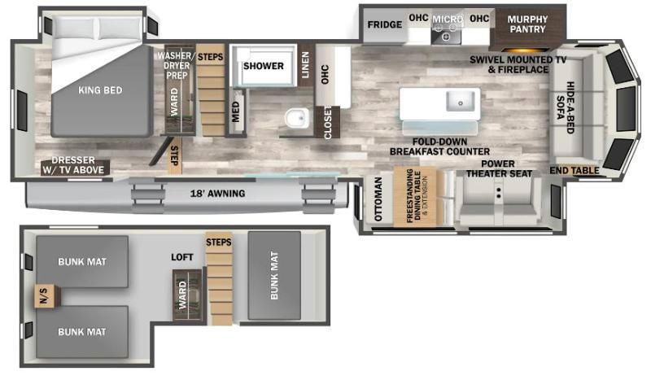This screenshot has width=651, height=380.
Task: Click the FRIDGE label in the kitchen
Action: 384,24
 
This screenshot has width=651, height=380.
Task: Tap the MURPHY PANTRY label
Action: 527,24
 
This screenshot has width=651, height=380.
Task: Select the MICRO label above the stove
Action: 448,19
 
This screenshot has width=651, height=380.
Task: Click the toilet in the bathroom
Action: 297,118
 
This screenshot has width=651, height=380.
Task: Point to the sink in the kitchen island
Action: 461,102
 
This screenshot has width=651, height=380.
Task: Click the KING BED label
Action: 100,90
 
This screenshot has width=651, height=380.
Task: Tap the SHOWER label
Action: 263,66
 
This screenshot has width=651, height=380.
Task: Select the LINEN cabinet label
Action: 306,65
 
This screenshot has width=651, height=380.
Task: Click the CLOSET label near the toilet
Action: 328,123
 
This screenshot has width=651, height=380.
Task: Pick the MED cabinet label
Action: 235,111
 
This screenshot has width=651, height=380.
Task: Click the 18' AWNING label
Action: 217,194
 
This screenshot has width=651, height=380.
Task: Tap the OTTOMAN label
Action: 378,199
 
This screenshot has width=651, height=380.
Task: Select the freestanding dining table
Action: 415,197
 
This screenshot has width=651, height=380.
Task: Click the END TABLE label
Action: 575,170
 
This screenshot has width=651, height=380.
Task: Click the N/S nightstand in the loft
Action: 45,296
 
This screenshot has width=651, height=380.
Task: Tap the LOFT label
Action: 181,257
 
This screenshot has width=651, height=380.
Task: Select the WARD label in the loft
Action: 182,295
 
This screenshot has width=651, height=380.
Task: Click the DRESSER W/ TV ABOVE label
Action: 73,165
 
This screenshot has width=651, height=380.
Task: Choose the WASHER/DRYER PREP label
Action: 174,66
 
